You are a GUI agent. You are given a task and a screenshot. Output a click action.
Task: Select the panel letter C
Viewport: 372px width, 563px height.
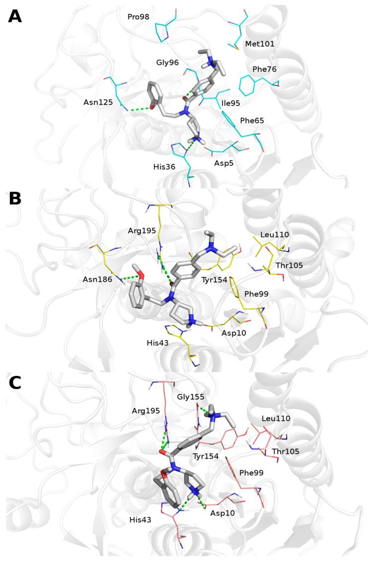15,382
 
